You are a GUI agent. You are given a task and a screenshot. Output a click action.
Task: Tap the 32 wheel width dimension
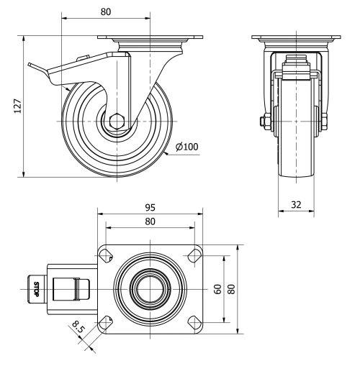tap(297, 203)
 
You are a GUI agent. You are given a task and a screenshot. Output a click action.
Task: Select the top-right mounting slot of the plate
tap(194, 255)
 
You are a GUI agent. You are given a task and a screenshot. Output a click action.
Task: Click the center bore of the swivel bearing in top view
tap(150, 289)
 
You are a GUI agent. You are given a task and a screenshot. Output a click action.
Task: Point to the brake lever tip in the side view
tap(31, 67)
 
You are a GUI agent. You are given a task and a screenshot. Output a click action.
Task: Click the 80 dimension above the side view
tap(106, 12)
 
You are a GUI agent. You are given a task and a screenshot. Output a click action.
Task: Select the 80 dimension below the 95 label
tap(150, 221)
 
